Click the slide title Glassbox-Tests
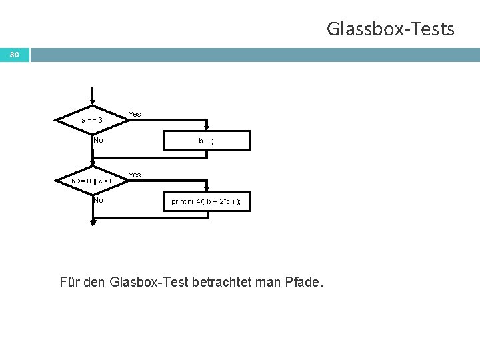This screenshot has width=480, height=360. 390,29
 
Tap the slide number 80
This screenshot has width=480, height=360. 14,54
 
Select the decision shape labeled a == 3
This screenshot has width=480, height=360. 93,120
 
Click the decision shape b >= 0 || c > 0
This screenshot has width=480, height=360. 93,180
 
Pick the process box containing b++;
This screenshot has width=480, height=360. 205,141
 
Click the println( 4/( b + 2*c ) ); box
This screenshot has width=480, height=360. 205,201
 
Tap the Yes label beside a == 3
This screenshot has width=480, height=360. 135,114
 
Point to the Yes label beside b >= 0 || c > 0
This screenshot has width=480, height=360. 135,175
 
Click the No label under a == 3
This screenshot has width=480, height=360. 99,140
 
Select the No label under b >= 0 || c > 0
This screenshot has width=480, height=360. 99,199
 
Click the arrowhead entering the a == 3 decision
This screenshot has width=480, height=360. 93,103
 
